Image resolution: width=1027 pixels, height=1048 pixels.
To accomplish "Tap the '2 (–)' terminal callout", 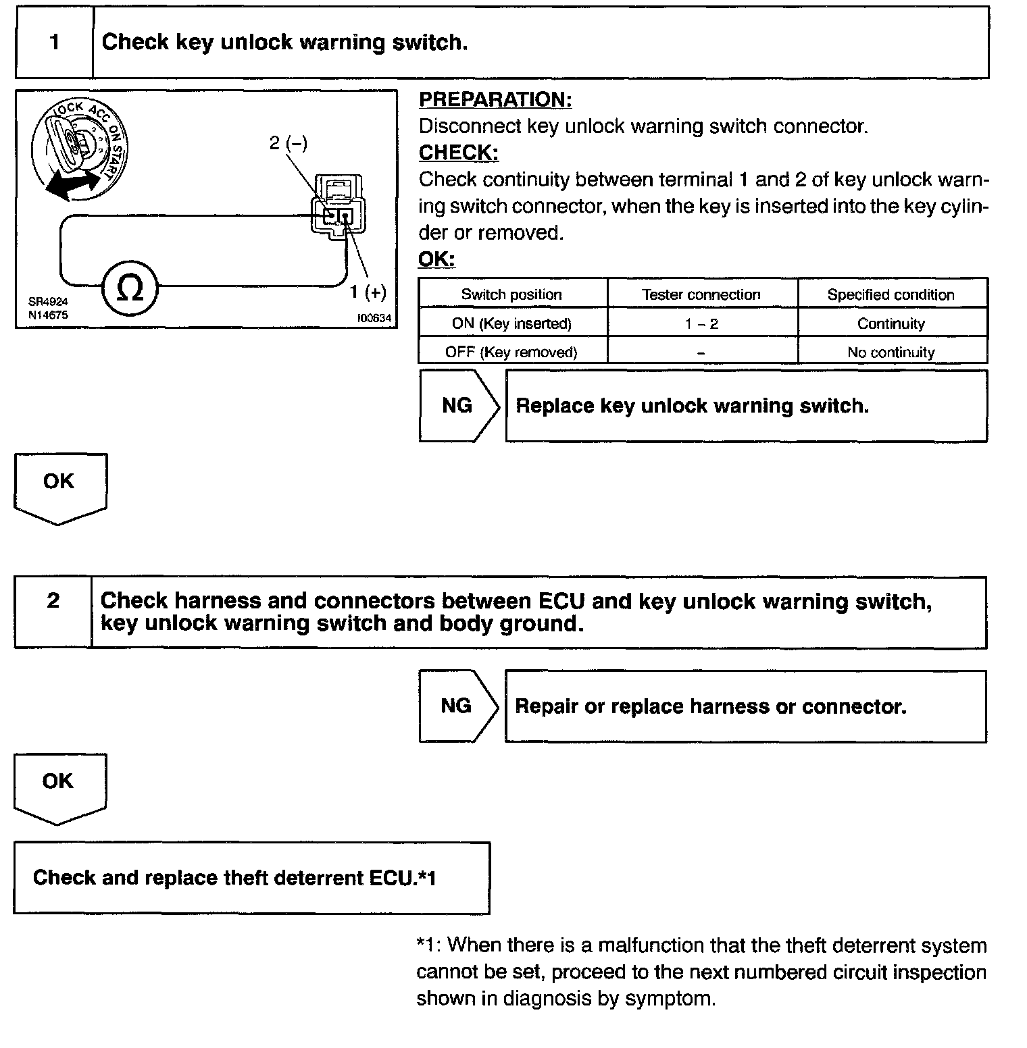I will point(289,143).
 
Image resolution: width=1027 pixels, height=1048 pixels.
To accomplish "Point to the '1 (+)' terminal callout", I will point(368,292).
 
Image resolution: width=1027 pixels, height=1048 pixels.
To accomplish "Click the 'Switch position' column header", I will point(511,294).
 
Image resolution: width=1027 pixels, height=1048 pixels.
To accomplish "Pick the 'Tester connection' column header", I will point(701,294).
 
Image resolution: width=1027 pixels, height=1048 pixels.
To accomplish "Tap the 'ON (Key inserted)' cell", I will point(511,323).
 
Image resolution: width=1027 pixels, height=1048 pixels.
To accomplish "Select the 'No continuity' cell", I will point(891,352).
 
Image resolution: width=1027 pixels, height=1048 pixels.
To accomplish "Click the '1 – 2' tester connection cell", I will point(701,323).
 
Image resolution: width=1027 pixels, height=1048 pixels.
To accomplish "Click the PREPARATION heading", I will point(495,100).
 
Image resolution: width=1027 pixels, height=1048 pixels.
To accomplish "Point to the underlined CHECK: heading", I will point(458,153).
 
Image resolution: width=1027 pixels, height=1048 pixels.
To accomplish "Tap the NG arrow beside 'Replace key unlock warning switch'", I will point(458,406).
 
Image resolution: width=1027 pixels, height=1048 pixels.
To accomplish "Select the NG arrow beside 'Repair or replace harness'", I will point(457,706).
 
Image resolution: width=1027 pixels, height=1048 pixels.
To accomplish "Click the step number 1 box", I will point(54,43).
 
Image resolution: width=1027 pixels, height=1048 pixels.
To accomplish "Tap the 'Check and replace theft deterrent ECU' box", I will point(251,878).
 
